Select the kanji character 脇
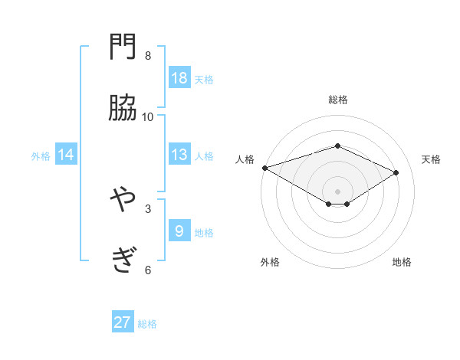tap(123, 110)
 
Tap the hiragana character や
tap(123, 201)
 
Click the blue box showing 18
tap(179, 78)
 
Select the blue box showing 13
tap(179, 155)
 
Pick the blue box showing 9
tap(179, 231)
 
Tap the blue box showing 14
tap(66, 155)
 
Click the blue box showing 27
tap(123, 322)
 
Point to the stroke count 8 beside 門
tap(148, 55)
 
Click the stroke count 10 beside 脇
tap(148, 116)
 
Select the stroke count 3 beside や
tap(148, 208)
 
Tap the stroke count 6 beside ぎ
tap(148, 269)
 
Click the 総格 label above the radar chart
tap(338, 100)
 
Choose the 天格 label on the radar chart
tap(432, 159)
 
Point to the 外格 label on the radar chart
tap(270, 262)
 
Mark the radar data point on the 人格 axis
tap(264, 168)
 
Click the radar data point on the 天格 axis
tap(396, 172)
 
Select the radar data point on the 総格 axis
tap(338, 146)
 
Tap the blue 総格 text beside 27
tap(148, 324)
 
